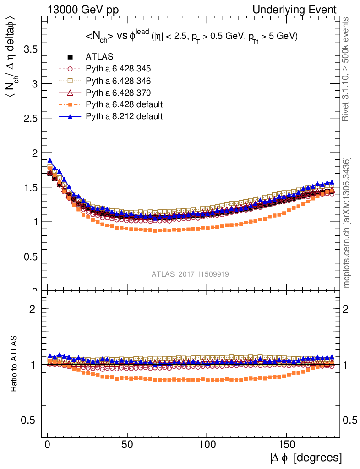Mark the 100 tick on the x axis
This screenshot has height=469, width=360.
pyautogui.click(x=207, y=446)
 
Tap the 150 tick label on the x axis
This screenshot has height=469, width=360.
pyautogui.click(x=286, y=446)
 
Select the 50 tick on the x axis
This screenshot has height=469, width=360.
pyautogui.click(x=127, y=446)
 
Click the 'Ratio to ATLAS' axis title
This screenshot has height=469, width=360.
pyautogui.click(x=14, y=364)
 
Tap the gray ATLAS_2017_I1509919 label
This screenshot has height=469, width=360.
pyautogui.click(x=191, y=274)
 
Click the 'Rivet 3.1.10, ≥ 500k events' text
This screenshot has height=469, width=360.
pyautogui.click(x=347, y=69)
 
